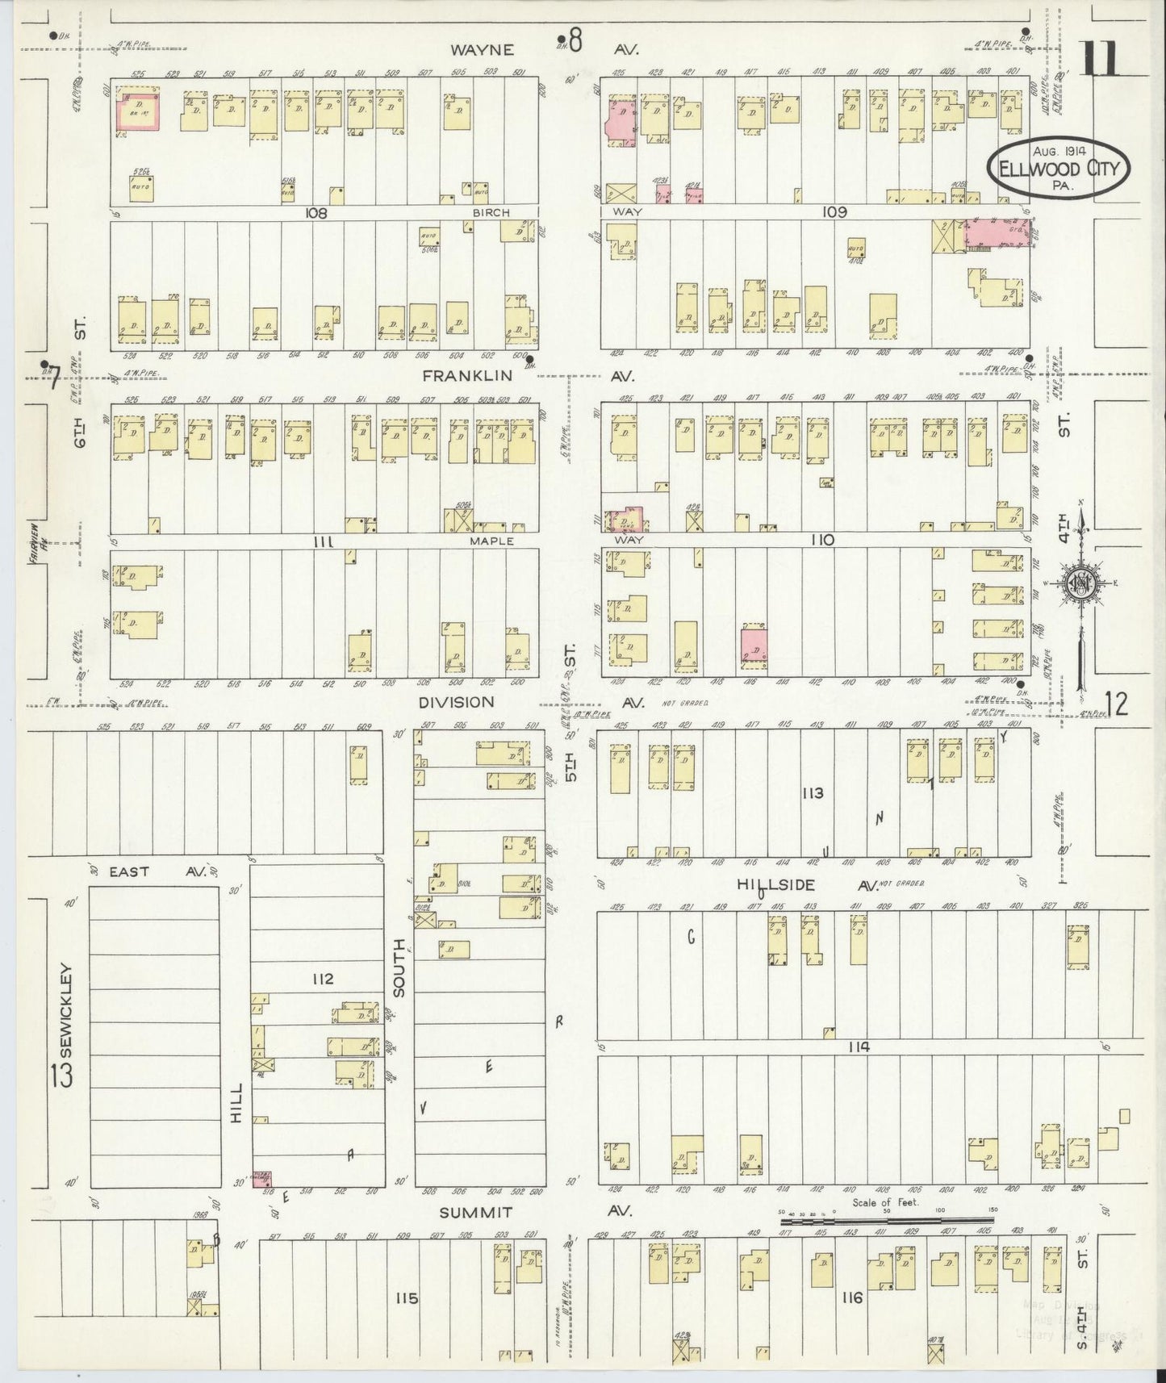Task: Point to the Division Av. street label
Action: [x=456, y=702]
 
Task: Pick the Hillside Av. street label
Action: [x=761, y=885]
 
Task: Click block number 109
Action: [x=834, y=212]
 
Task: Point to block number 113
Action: [x=812, y=793]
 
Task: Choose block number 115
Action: [x=407, y=1298]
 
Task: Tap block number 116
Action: [x=851, y=1298]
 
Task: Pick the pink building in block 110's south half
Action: [x=754, y=646]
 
